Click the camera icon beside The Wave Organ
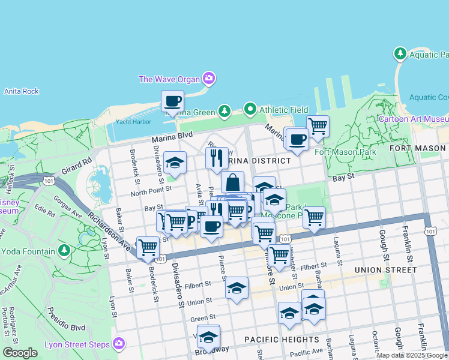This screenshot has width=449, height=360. pyautogui.click(x=209, y=78)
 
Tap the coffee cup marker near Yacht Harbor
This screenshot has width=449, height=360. pyautogui.click(x=173, y=101)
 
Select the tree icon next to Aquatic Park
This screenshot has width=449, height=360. pyautogui.click(x=400, y=55)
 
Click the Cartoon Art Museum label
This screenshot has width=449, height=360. pyautogui.click(x=413, y=119)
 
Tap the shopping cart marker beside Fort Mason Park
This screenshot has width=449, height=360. pyautogui.click(x=318, y=126)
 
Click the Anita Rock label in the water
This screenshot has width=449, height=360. pyautogui.click(x=21, y=91)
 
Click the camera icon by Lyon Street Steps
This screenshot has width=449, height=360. pyautogui.click(x=119, y=344)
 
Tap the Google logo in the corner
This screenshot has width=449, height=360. pyautogui.click(x=20, y=353)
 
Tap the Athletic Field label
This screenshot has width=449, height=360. pyautogui.click(x=283, y=110)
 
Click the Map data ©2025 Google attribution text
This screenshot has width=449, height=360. pyautogui.click(x=412, y=355)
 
